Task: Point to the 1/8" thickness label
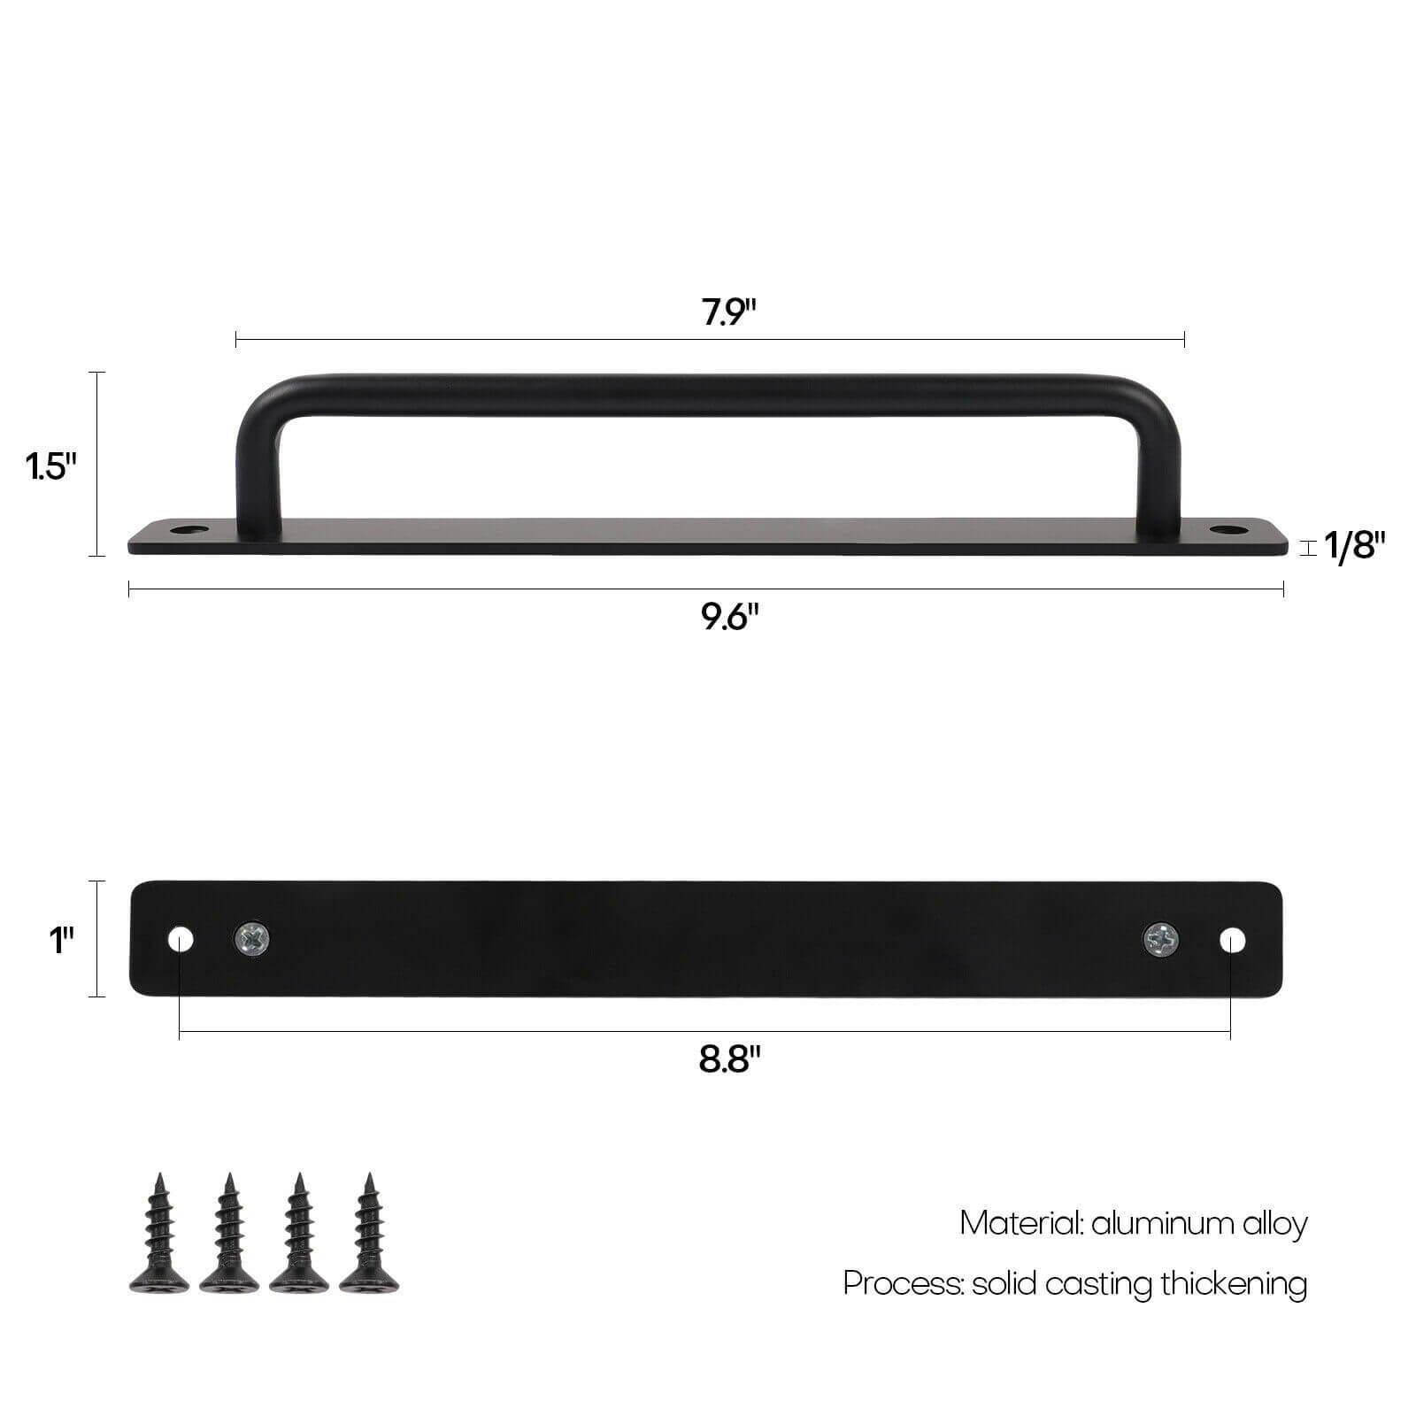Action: tap(1354, 547)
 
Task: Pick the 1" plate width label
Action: tap(61, 940)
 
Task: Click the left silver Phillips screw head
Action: tap(252, 939)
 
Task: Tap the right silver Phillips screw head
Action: tap(1160, 939)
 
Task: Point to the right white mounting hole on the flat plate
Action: tap(1232, 939)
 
